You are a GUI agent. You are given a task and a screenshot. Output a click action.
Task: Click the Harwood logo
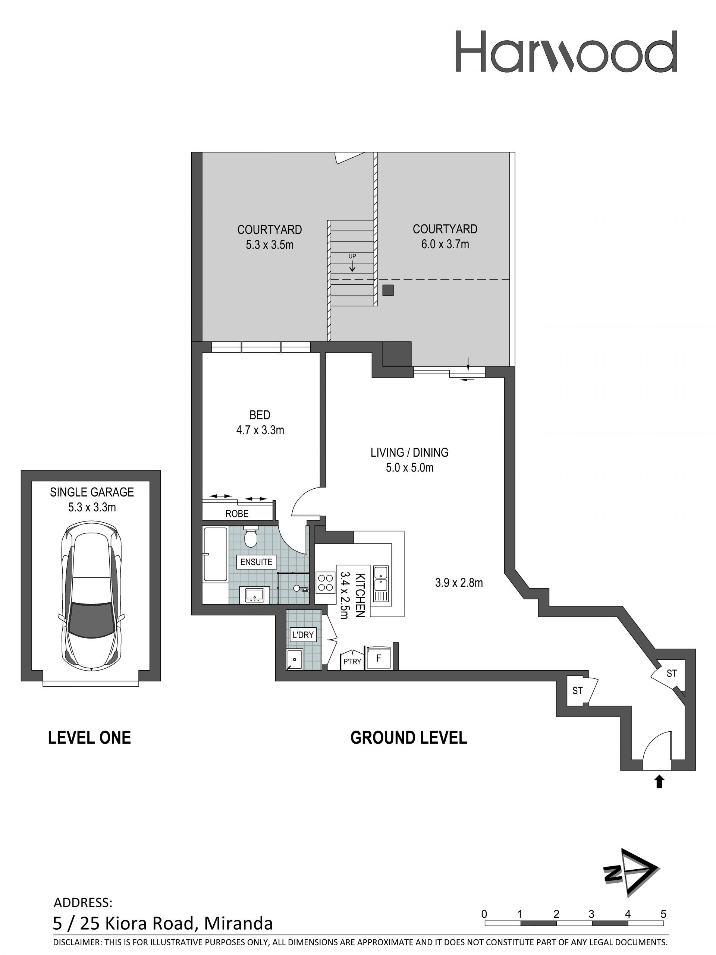coord(566,51)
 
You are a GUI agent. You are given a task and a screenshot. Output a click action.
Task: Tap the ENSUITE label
coord(257,562)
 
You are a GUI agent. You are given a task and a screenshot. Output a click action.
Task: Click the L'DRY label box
coord(303,635)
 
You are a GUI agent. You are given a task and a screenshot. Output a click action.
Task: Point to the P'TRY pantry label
coord(352,661)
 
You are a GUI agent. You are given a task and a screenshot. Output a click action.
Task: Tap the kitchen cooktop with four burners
coord(326,582)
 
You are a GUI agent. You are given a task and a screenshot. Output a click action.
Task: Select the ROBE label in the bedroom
coord(237,514)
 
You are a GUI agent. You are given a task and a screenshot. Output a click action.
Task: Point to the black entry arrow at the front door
coord(659,781)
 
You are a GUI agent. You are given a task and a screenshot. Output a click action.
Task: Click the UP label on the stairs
coord(352,256)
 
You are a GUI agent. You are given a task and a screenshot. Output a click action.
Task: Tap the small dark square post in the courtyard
coord(388,290)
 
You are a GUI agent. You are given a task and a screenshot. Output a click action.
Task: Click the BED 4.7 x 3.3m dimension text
coord(260,430)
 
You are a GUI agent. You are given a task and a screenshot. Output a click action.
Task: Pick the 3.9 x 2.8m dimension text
coord(459,583)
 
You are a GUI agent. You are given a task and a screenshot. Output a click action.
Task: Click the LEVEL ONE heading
coord(89,738)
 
